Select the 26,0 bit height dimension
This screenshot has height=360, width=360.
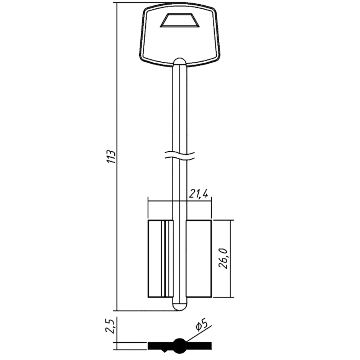pos(224,258)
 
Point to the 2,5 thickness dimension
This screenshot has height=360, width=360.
pos(110,325)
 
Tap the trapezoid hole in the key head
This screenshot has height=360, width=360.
pos(180,21)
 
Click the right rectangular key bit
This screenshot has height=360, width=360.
pos(199,259)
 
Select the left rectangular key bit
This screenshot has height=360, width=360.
pos(161,259)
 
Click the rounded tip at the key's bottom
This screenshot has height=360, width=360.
pos(180,306)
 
